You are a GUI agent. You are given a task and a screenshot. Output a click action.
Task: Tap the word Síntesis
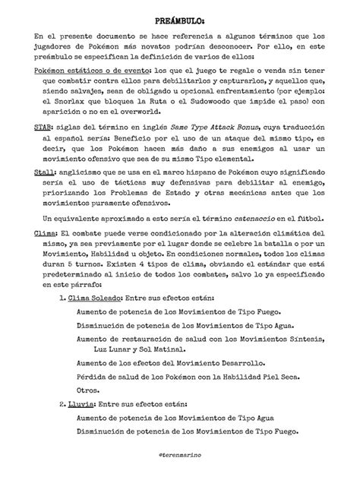[295, 339]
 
